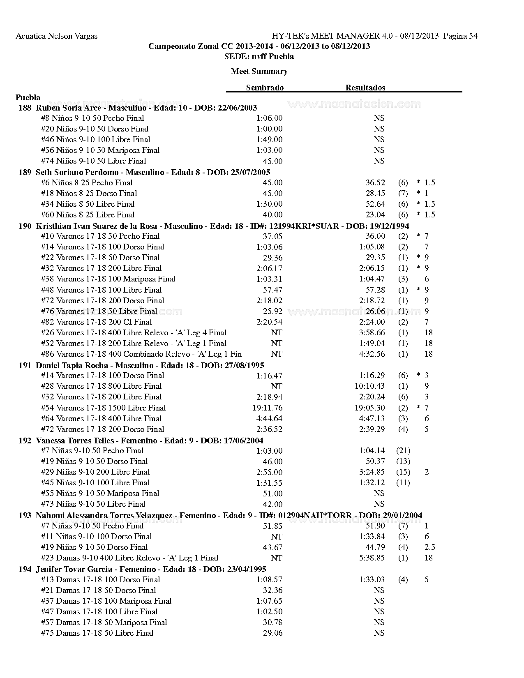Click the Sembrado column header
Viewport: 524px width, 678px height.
click(x=265, y=88)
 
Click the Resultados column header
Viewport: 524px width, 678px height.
click(x=365, y=88)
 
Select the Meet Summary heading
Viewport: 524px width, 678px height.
click(x=259, y=71)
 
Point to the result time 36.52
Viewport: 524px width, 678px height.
click(x=375, y=183)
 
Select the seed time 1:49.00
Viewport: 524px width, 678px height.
click(x=269, y=140)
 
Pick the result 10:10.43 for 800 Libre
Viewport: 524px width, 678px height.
click(x=369, y=386)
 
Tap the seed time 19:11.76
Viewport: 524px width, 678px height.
click(x=268, y=408)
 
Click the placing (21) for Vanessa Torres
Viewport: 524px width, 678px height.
click(x=403, y=451)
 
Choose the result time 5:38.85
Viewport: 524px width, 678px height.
click(x=372, y=558)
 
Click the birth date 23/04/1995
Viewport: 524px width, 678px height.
click(x=247, y=569)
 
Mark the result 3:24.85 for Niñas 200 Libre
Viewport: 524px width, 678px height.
click(x=372, y=472)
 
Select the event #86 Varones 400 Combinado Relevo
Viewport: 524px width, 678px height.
click(x=141, y=354)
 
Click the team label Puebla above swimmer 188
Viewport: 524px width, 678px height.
click(x=28, y=97)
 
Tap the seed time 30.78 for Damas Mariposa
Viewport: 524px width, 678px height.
click(x=272, y=623)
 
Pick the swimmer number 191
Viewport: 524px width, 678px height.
click(x=25, y=365)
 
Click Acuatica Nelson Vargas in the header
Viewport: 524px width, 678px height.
click(x=56, y=36)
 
